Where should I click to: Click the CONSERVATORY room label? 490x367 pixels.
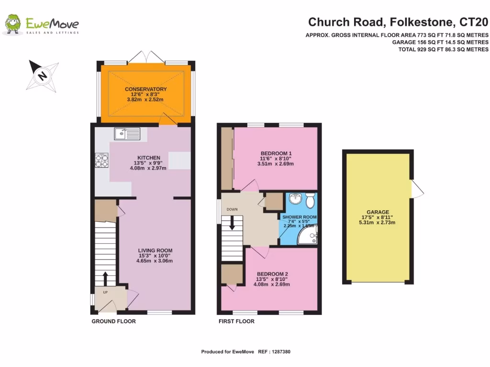145,89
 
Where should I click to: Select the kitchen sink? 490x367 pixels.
127,134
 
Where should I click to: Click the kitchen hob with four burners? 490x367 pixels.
102,160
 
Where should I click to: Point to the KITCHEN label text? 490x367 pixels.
148,158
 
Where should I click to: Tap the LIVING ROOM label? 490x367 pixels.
155,250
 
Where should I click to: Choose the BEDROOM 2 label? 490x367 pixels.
272,274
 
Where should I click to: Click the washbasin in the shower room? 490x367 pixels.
295,198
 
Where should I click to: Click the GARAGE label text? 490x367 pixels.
378,212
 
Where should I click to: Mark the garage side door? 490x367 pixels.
417,190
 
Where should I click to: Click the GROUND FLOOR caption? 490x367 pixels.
113,322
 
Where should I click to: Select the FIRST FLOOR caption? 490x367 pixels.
236,322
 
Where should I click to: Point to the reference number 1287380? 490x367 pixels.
278,352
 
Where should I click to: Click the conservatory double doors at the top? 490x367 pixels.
146,56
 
